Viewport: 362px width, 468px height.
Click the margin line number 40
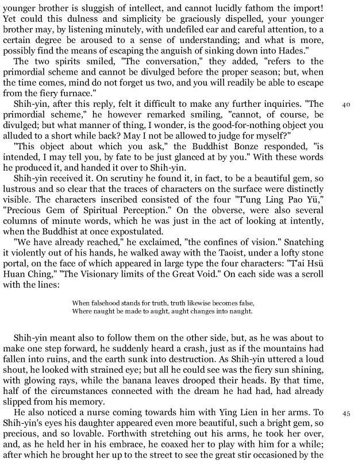[x=346, y=105]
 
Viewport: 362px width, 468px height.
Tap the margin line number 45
[x=346, y=413]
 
